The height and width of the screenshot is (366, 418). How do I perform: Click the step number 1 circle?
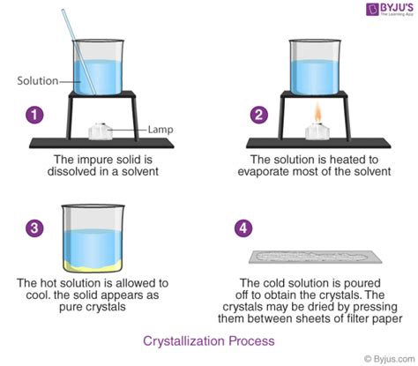click(33, 115)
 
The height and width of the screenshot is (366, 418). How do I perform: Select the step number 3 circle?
click(33, 228)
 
